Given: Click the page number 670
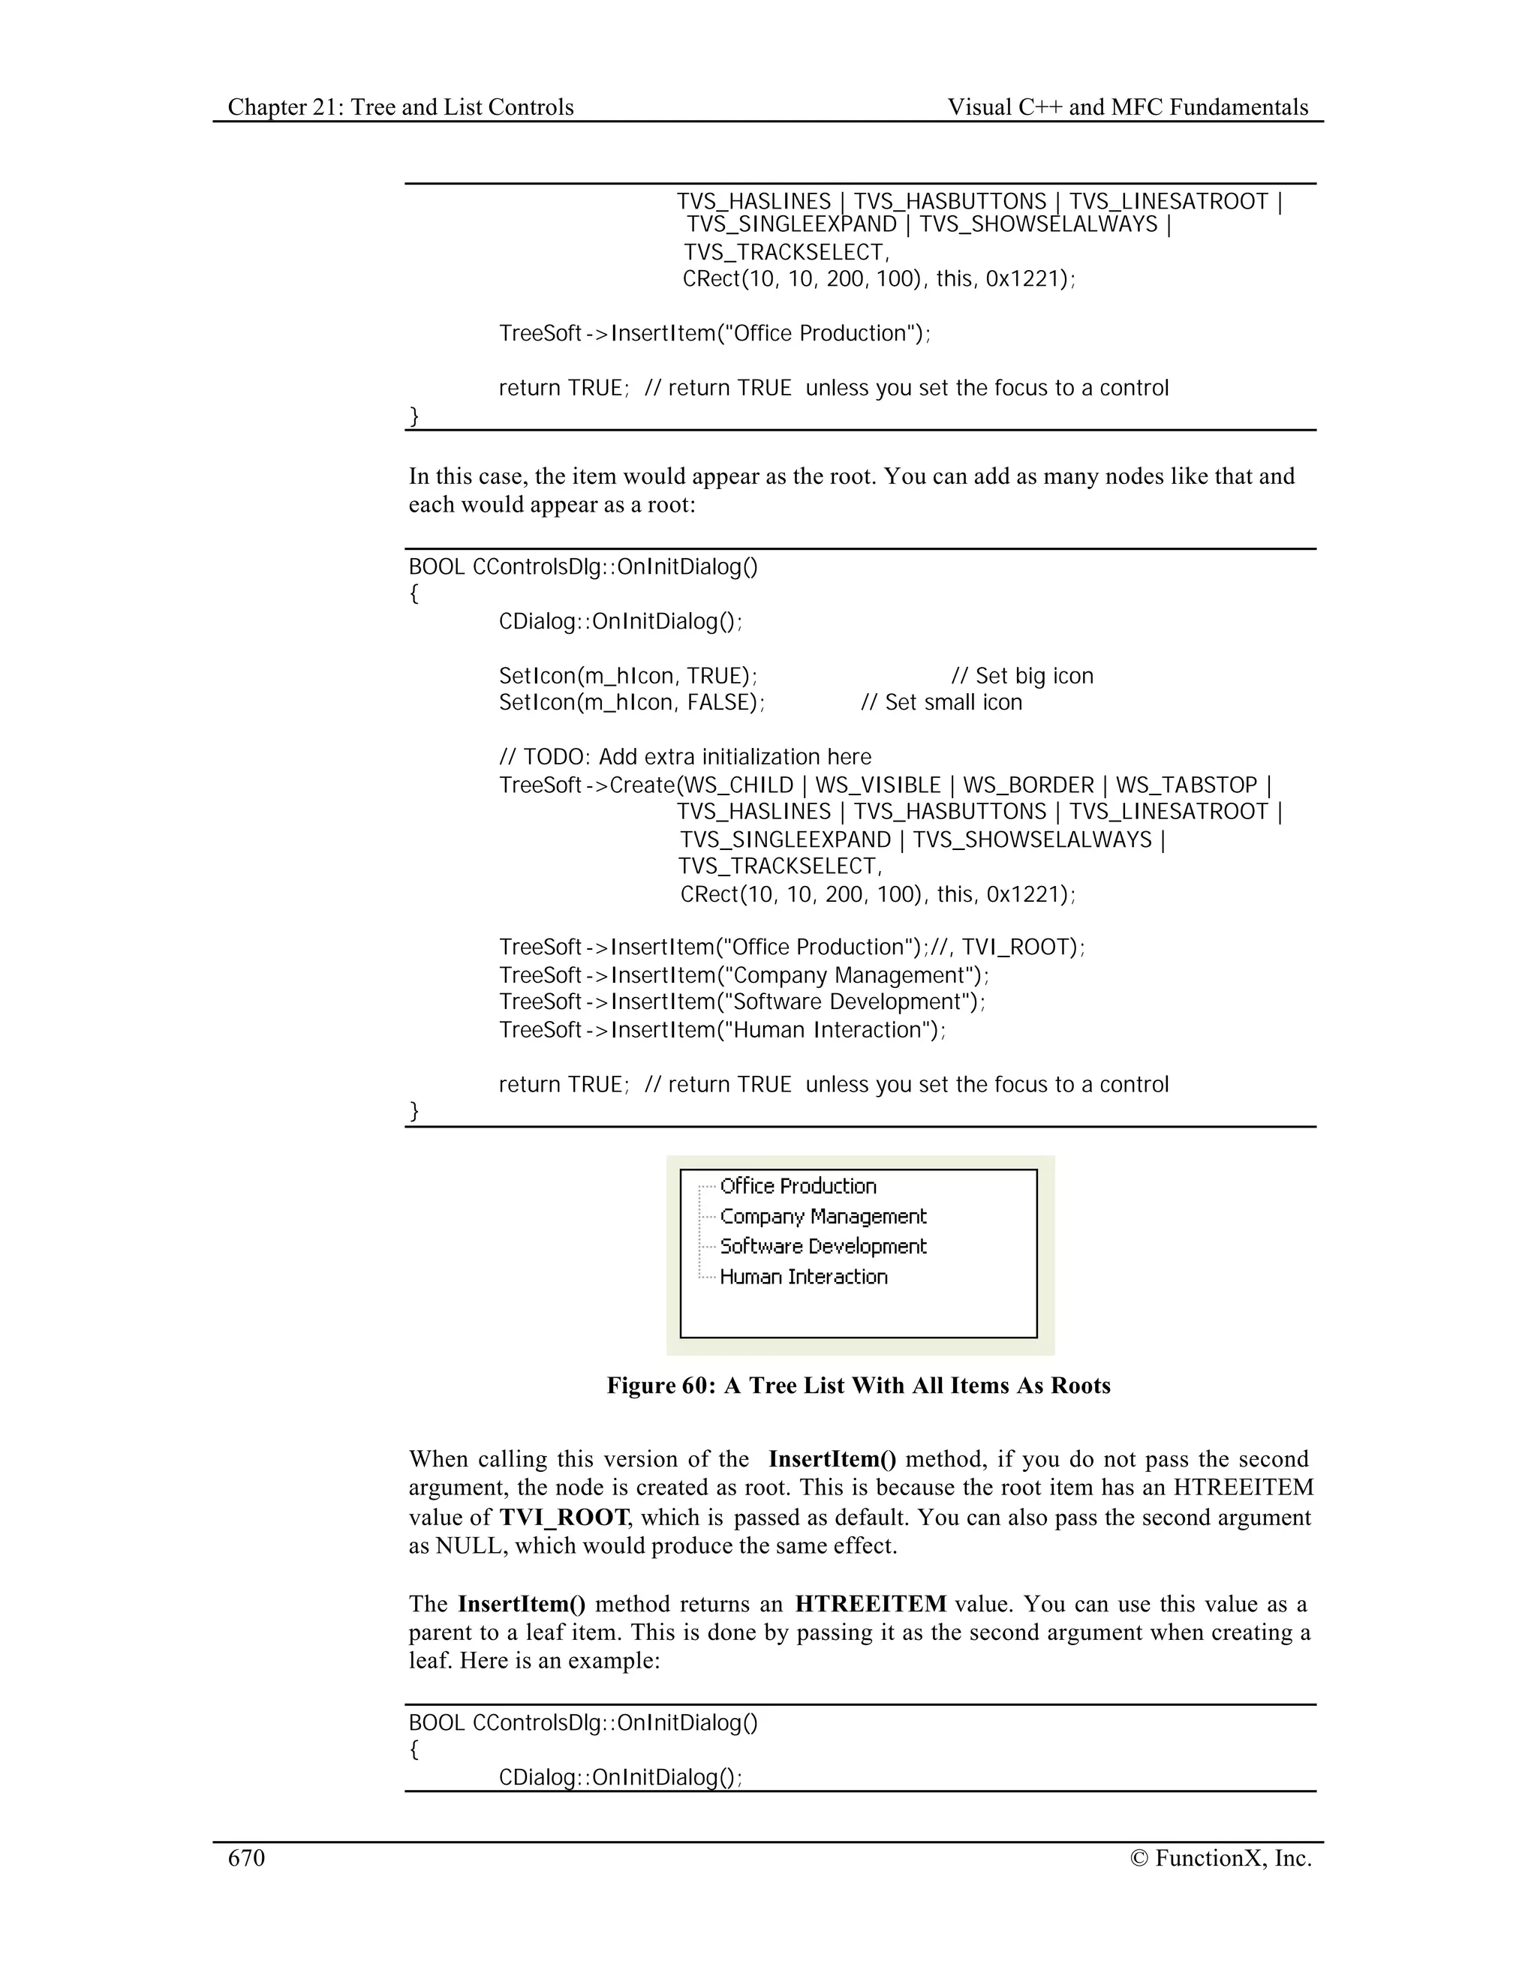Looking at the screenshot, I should (x=246, y=1857).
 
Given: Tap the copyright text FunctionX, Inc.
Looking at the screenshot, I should (x=1221, y=1857).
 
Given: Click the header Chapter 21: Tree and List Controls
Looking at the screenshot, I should (x=401, y=107).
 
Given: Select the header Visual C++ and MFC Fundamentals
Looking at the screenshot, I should (x=1127, y=107).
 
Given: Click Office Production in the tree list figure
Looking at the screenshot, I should (x=798, y=1186).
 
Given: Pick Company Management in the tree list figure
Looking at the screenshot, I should (x=823, y=1216).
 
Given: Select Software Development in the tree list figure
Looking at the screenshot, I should (x=823, y=1246).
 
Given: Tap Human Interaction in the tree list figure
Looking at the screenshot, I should (x=803, y=1276).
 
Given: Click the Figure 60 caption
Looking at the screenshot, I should (x=859, y=1386).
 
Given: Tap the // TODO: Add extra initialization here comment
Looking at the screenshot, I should (x=684, y=758).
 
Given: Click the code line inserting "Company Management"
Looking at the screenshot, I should (x=743, y=975).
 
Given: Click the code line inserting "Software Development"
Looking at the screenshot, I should (x=742, y=1002).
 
